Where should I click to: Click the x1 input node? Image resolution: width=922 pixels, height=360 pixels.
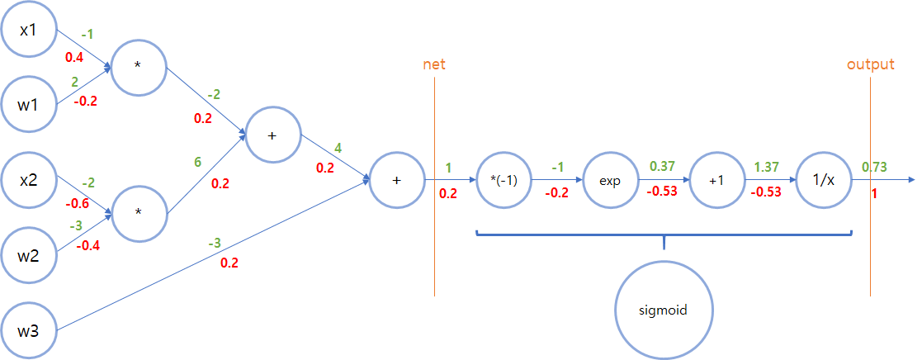[x=29, y=30]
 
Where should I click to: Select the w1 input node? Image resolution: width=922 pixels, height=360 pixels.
[x=29, y=105]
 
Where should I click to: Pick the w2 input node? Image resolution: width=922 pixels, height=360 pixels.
[x=29, y=253]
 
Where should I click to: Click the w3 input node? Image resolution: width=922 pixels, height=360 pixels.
[x=29, y=331]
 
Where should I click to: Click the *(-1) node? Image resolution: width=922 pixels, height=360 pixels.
[x=504, y=180]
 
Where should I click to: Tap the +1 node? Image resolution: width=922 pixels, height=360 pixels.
[x=716, y=180]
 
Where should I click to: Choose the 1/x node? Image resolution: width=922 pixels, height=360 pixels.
[x=823, y=180]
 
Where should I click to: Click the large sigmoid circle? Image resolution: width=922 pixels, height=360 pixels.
[x=664, y=311]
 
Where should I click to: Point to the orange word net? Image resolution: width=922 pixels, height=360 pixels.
[x=434, y=64]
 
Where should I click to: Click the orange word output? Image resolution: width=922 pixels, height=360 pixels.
[x=870, y=64]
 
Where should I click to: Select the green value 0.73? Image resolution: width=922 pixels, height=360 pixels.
[x=876, y=167]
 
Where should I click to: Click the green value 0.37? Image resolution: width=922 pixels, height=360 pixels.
[x=663, y=167]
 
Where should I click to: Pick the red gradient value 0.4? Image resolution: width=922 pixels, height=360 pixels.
[x=75, y=57]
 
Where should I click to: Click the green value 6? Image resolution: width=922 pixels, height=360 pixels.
[x=198, y=163]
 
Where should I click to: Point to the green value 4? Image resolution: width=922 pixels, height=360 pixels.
[x=338, y=149]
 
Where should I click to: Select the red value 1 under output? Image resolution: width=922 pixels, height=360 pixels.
[x=873, y=194]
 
